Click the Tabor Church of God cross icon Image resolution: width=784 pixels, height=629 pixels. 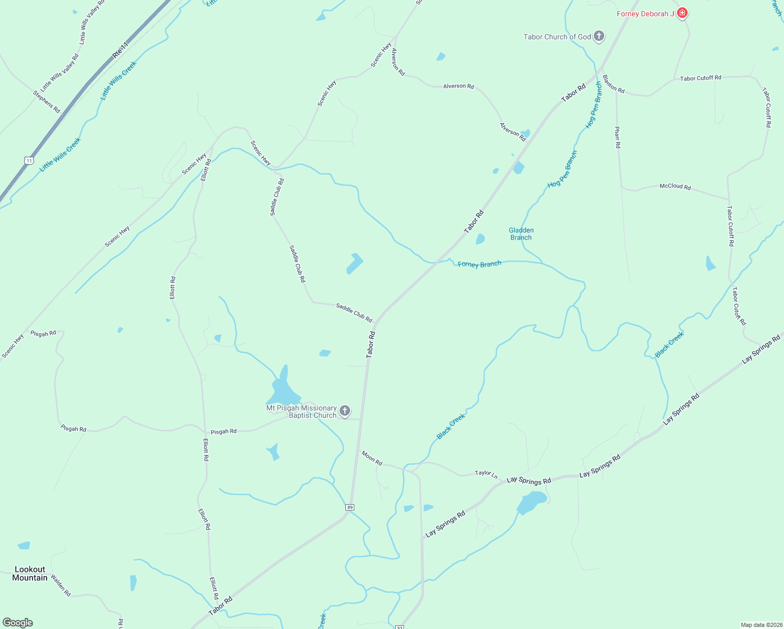pos(599,37)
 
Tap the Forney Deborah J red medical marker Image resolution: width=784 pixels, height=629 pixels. pos(682,13)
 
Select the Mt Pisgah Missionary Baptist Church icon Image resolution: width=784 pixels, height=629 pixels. pos(345,411)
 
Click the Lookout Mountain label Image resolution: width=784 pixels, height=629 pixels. pos(30,573)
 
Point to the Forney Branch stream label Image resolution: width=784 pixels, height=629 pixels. pos(479,264)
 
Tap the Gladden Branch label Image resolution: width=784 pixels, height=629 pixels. pos(521,234)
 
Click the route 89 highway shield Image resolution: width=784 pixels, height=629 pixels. pos(350,507)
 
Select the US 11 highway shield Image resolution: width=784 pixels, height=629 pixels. pos(29,160)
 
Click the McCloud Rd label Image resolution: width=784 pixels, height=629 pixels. pos(675,186)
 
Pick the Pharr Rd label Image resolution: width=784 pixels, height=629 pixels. pos(618,137)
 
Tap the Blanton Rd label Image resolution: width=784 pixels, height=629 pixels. pos(614,84)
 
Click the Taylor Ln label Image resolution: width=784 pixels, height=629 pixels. pos(486,473)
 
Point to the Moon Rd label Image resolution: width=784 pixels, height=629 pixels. pos(372,458)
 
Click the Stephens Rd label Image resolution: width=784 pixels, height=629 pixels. pos(47,102)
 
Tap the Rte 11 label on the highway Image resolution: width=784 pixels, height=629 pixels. pos(120,50)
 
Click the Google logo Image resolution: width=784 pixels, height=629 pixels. pos(18,623)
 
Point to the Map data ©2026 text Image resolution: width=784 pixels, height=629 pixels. pos(760,625)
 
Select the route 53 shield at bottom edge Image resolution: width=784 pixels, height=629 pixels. pos(400,627)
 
